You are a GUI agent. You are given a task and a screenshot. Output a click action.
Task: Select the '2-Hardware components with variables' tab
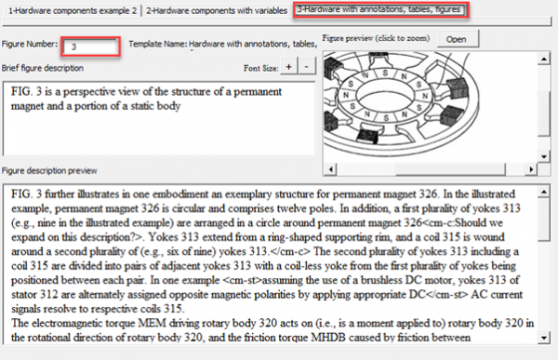(x=217, y=10)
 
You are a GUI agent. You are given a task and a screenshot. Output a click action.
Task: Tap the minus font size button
(x=308, y=68)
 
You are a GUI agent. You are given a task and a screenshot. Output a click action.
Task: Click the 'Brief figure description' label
(x=43, y=68)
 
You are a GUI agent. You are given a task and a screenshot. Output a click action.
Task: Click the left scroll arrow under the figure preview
(x=328, y=169)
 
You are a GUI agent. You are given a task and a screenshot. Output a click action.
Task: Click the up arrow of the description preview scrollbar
(x=547, y=193)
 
